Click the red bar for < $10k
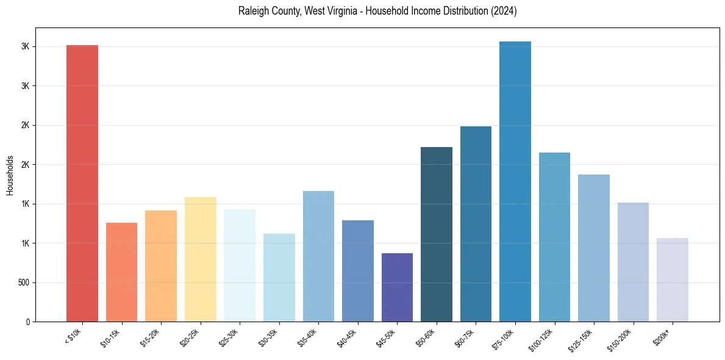pos(82,183)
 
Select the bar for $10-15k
pos(121,272)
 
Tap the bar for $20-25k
pos(200,259)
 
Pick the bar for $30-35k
pos(279,278)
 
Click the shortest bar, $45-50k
pos(397,287)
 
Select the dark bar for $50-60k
pos(437,234)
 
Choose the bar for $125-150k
pos(594,248)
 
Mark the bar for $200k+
pos(673,279)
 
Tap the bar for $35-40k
pos(318,256)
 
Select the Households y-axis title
pos(10,175)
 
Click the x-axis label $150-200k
pos(623,339)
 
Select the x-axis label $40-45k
pos(348,337)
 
